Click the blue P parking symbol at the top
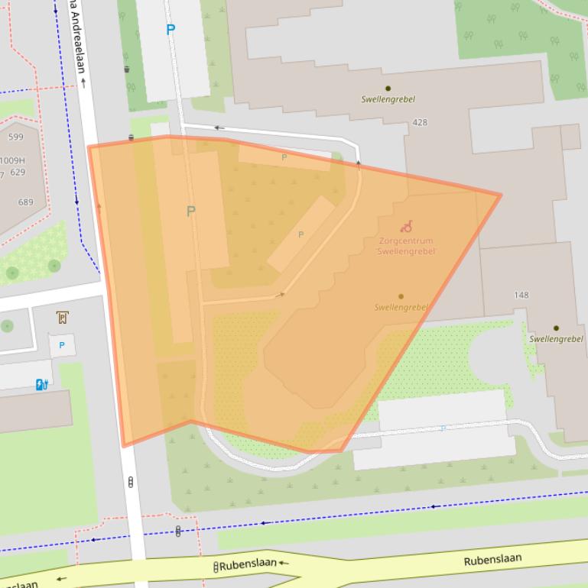point(171,30)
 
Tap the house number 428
point(420,122)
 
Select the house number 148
point(521,295)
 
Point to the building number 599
point(16,137)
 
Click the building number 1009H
point(12,160)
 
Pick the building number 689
point(26,202)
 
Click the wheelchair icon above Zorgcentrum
point(407,226)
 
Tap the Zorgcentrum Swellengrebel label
point(406,246)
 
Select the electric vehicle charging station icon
point(43,385)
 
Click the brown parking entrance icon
point(62,317)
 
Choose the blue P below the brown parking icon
point(62,345)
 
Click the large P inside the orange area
point(190,212)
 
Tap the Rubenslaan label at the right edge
point(492,560)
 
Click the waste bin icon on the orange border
point(131,138)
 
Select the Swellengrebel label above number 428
point(388,99)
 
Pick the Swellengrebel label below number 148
point(556,338)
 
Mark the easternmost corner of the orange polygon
point(501,195)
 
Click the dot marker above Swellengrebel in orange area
point(401,296)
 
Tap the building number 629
point(18,173)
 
